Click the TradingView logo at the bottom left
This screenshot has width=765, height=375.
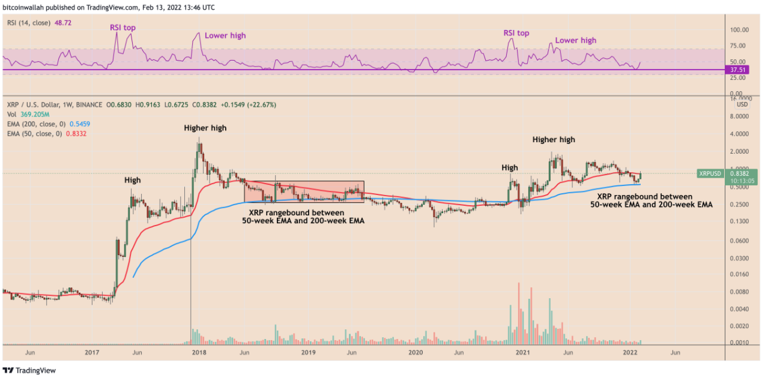tap(29, 370)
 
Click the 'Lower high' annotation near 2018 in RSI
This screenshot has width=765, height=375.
tap(225, 35)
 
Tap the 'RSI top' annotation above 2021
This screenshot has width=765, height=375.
tap(516, 33)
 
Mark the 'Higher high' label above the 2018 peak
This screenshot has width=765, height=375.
tap(205, 128)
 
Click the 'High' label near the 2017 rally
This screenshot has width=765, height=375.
tap(133, 179)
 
